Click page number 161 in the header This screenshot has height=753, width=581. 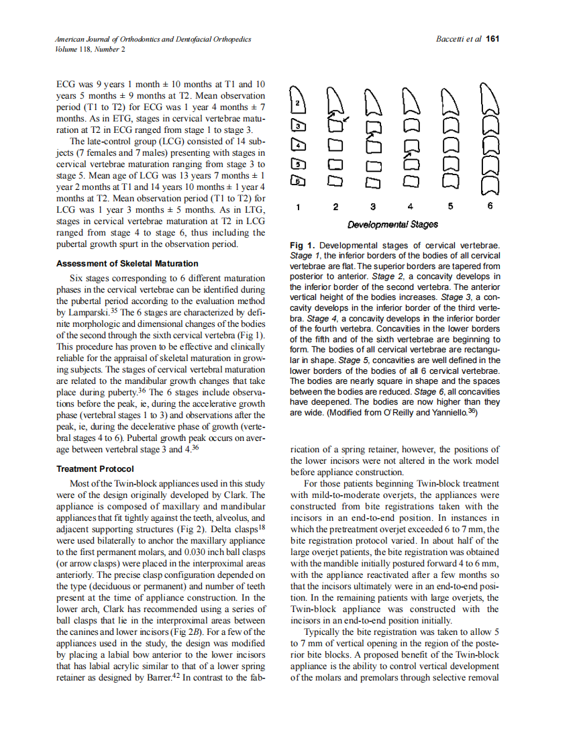click(493, 39)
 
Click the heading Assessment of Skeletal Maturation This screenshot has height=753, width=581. click(127, 264)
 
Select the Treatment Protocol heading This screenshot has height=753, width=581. click(95, 469)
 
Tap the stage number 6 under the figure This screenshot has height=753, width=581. click(490, 207)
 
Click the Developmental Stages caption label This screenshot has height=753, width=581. click(392, 224)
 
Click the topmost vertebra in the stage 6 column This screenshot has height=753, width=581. click(490, 99)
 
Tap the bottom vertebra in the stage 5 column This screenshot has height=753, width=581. click(452, 179)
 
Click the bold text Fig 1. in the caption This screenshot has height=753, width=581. click(303, 246)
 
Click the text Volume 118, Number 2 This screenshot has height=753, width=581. click(90, 49)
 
